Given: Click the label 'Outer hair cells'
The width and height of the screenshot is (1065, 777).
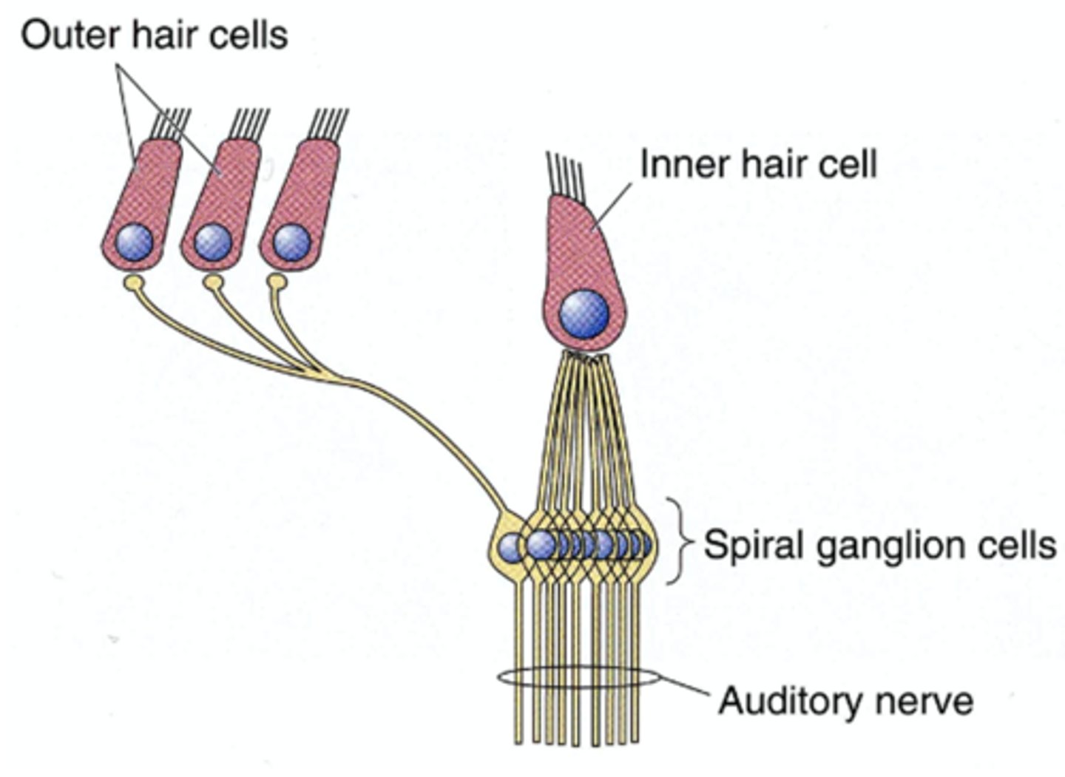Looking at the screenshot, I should [154, 35].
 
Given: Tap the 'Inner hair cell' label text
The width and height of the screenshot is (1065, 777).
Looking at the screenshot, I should [757, 163].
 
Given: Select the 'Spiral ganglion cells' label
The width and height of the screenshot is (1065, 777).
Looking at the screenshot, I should [879, 546].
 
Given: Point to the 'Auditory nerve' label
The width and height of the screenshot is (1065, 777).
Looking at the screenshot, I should [845, 700].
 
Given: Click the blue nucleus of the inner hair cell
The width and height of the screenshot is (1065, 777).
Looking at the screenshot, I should [584, 313].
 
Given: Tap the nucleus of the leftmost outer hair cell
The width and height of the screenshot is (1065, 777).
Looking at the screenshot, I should [134, 242].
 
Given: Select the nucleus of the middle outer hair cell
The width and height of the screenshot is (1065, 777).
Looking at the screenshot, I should [213, 242].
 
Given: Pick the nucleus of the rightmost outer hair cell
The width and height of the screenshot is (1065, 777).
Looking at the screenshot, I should [292, 242].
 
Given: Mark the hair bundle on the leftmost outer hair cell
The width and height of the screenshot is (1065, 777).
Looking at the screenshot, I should [171, 123].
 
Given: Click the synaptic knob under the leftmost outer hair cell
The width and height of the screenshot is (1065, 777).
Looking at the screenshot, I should [134, 282].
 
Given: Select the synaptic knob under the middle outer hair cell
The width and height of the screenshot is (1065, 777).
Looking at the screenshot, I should [213, 282].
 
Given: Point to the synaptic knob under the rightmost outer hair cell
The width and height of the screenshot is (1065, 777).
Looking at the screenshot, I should [277, 282].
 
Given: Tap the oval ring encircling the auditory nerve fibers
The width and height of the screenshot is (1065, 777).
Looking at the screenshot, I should [577, 678].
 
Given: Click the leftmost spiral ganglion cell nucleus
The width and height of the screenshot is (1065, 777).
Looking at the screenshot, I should [510, 549].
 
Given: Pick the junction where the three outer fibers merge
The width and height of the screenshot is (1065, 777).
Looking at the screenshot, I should [318, 373].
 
